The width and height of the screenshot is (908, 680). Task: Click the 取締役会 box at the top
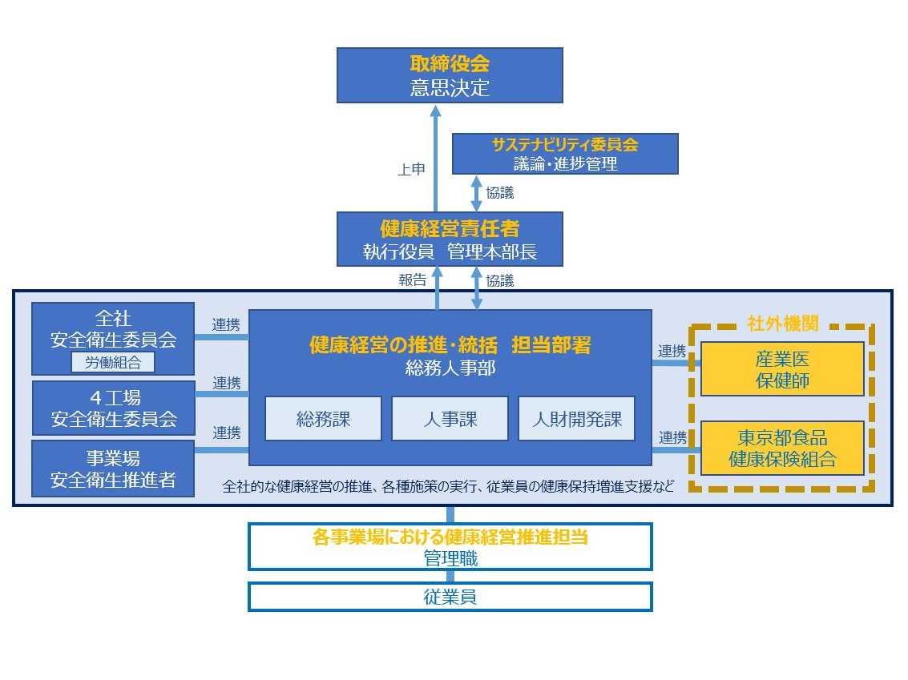click(x=450, y=74)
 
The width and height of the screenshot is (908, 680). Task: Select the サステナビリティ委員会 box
click(x=565, y=154)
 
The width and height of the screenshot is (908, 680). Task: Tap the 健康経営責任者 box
click(x=450, y=239)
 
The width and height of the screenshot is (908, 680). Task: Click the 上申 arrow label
click(x=411, y=170)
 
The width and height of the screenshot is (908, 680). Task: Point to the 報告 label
click(x=413, y=280)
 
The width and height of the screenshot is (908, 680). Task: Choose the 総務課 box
click(x=323, y=418)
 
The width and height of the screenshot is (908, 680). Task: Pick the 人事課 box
click(x=450, y=418)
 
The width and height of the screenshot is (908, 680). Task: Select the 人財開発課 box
click(x=576, y=418)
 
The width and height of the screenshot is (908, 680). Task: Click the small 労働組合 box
click(x=112, y=362)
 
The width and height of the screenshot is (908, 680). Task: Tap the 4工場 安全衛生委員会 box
click(x=113, y=408)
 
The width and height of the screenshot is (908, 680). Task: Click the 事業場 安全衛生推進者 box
click(x=113, y=469)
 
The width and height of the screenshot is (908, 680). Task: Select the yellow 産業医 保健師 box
click(x=782, y=369)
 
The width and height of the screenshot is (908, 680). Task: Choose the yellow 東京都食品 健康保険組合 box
click(x=782, y=449)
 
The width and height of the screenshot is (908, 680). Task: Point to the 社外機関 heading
click(x=782, y=324)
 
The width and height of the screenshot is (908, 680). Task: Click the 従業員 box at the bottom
click(x=450, y=597)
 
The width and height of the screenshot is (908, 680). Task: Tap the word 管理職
click(x=450, y=558)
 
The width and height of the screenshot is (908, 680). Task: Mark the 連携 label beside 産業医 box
click(x=672, y=351)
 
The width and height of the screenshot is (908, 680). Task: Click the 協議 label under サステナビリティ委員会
click(x=500, y=192)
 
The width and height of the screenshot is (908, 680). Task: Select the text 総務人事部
click(x=450, y=369)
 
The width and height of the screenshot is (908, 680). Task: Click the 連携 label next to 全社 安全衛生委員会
click(x=226, y=324)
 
